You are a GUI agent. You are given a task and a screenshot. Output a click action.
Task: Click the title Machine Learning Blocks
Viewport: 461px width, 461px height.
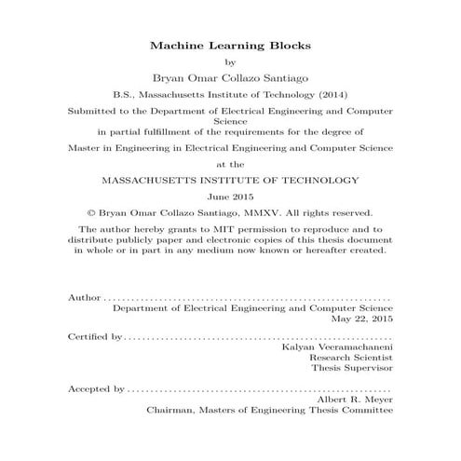click(230, 45)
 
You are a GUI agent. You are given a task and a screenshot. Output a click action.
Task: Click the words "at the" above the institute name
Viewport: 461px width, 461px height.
click(230, 164)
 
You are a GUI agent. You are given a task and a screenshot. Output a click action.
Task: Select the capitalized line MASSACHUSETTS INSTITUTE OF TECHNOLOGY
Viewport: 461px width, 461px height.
click(230, 181)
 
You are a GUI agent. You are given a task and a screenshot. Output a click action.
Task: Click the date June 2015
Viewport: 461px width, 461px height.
click(230, 197)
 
